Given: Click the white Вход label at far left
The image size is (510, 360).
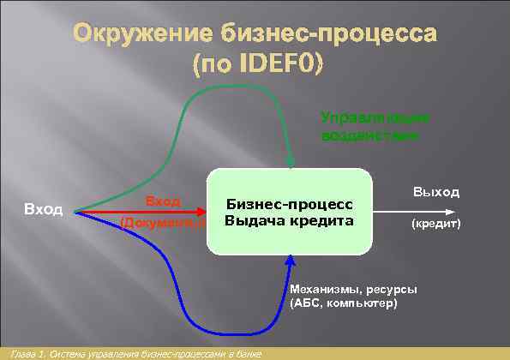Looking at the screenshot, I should [x=43, y=210].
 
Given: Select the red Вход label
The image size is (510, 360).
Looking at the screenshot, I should [x=162, y=201].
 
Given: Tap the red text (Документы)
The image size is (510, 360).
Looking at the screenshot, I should [x=162, y=222].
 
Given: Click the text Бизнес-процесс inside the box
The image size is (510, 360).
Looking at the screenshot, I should [x=289, y=203].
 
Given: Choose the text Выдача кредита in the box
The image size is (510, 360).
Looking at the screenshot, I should [x=289, y=220].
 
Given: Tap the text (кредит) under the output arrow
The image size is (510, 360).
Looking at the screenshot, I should [x=435, y=223].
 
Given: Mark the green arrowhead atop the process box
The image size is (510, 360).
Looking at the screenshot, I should [x=292, y=163].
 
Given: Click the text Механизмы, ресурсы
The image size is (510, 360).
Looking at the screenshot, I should [x=354, y=288].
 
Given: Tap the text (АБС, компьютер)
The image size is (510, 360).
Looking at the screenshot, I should [x=343, y=303].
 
